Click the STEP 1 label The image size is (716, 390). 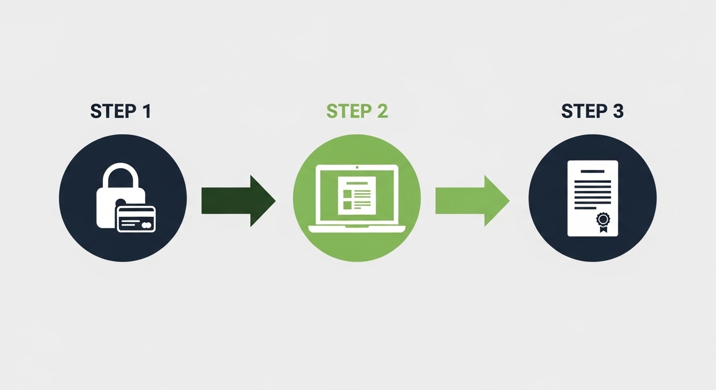(x=121, y=111)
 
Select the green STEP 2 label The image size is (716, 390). (x=357, y=111)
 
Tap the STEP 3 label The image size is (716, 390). (x=592, y=111)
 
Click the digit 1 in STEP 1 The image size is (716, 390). (x=146, y=111)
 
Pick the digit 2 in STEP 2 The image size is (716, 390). (x=382, y=111)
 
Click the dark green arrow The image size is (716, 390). (x=238, y=201)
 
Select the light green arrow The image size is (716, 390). (x=472, y=201)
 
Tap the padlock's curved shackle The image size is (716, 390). (x=121, y=173)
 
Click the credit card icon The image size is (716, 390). (x=136, y=219)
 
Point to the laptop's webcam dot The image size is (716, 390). (x=357, y=167)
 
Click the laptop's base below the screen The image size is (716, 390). (x=357, y=229)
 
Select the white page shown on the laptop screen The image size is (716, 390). (x=357, y=196)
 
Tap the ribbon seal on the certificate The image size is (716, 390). (x=603, y=221)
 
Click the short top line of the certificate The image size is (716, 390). (x=592, y=172)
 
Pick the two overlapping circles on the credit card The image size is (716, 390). (x=146, y=225)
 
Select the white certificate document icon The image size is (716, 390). (x=592, y=198)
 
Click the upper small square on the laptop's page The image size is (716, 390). (x=347, y=193)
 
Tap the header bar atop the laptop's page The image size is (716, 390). (x=357, y=183)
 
